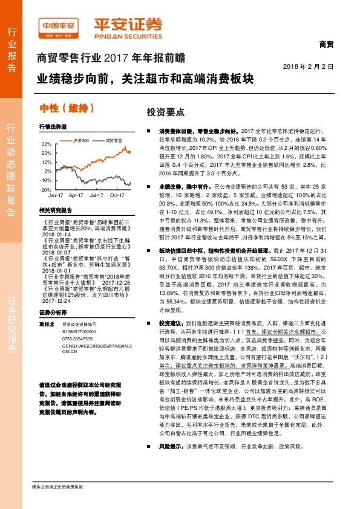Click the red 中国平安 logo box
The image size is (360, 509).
(x=61, y=26)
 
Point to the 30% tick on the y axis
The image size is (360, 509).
(x=47, y=144)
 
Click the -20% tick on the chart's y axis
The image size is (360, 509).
(x=46, y=189)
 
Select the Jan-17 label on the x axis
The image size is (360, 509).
(x=56, y=196)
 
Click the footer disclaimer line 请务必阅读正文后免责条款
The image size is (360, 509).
(x=57, y=503)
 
